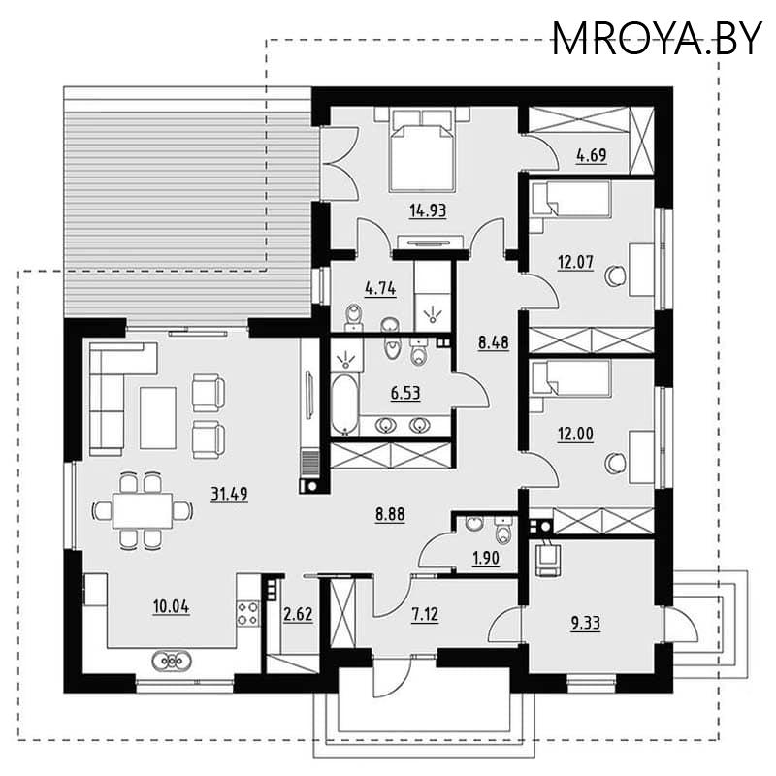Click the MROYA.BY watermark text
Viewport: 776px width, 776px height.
pyautogui.click(x=657, y=39)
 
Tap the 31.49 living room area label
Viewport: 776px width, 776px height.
pyautogui.click(x=229, y=494)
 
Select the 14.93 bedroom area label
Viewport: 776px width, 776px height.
pyautogui.click(x=428, y=210)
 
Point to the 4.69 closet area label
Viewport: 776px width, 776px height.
pyautogui.click(x=591, y=155)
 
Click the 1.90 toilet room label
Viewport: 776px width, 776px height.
pyautogui.click(x=486, y=559)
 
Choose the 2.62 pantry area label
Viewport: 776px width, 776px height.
pyautogui.click(x=298, y=614)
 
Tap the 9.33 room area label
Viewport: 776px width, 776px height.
pyautogui.click(x=586, y=623)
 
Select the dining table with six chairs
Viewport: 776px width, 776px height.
pyautogui.click(x=143, y=510)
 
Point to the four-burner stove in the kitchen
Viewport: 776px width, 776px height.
pyautogui.click(x=247, y=613)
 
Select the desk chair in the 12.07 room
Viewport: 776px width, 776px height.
pyautogui.click(x=616, y=275)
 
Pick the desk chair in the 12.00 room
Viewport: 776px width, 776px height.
pyautogui.click(x=616, y=464)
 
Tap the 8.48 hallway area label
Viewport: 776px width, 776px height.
pyautogui.click(x=494, y=342)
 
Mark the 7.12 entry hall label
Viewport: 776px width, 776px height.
pyautogui.click(x=425, y=614)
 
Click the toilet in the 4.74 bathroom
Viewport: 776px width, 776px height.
pyautogui.click(x=353, y=316)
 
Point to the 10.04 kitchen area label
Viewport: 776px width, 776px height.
pyautogui.click(x=172, y=606)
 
